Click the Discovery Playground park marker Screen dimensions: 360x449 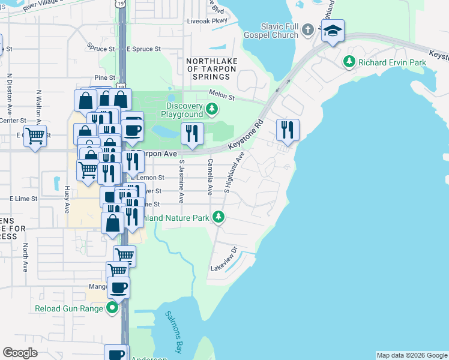point(211,109)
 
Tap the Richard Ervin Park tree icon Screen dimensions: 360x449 point(349,61)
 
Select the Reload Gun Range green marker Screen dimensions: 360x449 point(112,308)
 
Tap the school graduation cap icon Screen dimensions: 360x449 point(332,31)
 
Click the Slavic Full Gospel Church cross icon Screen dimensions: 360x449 point(307,29)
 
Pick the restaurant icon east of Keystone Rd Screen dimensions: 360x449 point(288,130)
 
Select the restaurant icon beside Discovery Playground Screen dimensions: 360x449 point(191,133)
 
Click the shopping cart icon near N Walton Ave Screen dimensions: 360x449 point(35,136)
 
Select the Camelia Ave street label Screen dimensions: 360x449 point(210,176)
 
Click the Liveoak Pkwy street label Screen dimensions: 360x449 point(208,20)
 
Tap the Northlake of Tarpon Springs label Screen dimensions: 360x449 point(211,69)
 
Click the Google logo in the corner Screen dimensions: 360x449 point(20,353)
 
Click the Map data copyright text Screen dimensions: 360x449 point(411,355)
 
